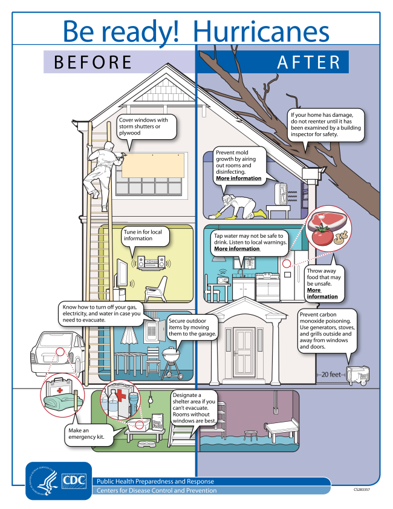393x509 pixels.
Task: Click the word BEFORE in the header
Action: click(93, 62)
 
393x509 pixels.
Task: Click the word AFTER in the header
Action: click(309, 62)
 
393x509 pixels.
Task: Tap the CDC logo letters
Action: click(74, 481)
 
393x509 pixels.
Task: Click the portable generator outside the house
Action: click(358, 375)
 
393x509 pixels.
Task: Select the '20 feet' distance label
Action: click(331, 374)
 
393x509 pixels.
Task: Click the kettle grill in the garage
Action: click(171, 362)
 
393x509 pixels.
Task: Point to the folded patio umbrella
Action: click(131, 335)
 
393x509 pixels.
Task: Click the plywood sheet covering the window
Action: click(153, 166)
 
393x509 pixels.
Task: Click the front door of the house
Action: click(244, 349)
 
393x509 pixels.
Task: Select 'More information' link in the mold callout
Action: click(239, 178)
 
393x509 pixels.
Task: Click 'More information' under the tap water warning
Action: click(237, 249)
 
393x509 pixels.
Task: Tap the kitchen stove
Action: click(267, 287)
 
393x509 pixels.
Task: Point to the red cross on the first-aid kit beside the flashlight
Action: click(121, 395)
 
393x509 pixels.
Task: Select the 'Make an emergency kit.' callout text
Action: click(86, 434)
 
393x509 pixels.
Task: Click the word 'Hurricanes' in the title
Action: click(261, 32)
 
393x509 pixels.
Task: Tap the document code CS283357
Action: click(362, 490)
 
